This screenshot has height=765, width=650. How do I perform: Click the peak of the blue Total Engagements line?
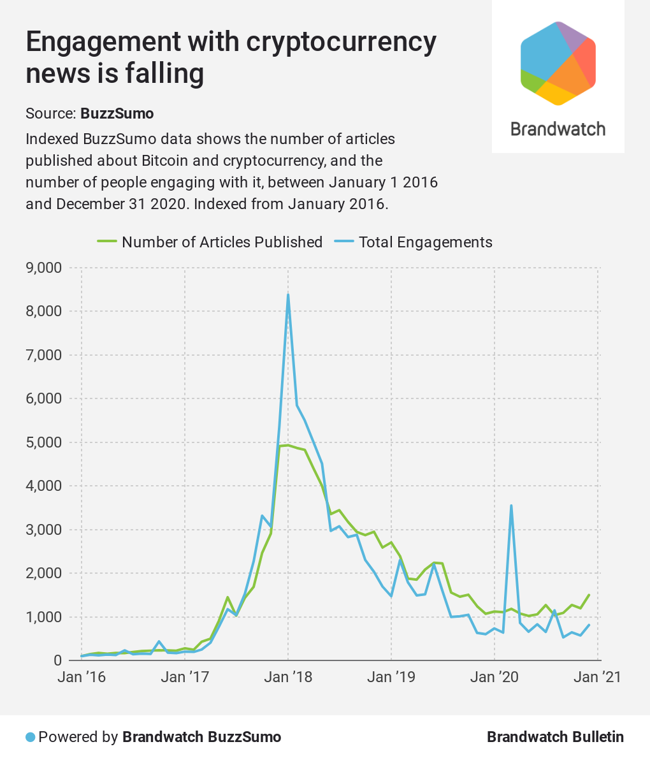pyautogui.click(x=288, y=295)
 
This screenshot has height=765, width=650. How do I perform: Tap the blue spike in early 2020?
pyautogui.click(x=511, y=506)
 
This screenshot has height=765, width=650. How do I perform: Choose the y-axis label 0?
pyautogui.click(x=57, y=660)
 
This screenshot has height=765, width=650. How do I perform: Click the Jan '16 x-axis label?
pyautogui.click(x=82, y=677)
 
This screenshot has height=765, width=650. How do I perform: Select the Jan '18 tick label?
pyautogui.click(x=289, y=677)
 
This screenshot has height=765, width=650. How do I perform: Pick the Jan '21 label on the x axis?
pyautogui.click(x=597, y=677)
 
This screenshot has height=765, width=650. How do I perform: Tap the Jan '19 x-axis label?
pyautogui.click(x=391, y=677)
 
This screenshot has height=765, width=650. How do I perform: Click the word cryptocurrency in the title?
pyautogui.click(x=342, y=42)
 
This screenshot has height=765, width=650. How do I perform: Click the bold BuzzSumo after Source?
pyautogui.click(x=117, y=113)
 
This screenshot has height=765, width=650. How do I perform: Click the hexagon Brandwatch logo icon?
pyautogui.click(x=558, y=62)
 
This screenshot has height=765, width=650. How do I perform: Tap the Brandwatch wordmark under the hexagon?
pyautogui.click(x=558, y=129)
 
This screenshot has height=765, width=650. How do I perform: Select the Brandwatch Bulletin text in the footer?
pyautogui.click(x=555, y=737)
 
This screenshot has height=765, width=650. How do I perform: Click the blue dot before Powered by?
pyautogui.click(x=30, y=738)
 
